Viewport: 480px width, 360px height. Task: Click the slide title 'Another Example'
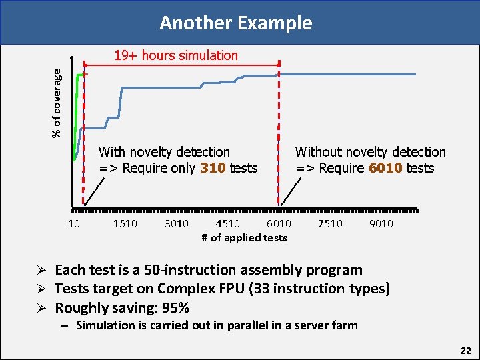coord(235,23)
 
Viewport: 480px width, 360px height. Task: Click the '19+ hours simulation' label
coord(175,55)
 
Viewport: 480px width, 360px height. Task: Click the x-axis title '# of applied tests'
coord(244,237)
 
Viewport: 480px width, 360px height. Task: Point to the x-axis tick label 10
coord(74,223)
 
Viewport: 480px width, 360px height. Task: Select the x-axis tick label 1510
coord(125,223)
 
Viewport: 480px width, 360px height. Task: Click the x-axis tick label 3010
coord(177,223)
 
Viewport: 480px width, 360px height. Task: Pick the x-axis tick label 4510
coord(228,223)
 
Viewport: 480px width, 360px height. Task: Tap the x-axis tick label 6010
coord(279,223)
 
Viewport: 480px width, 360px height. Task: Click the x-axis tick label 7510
coord(330,223)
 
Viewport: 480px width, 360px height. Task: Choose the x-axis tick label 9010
coord(381,223)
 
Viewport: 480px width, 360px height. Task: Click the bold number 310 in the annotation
coord(213,168)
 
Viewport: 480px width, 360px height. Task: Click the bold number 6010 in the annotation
coord(385,168)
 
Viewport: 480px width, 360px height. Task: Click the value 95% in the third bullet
coord(175,308)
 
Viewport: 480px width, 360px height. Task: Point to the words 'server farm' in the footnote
coord(327,325)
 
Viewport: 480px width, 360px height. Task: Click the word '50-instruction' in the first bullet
coord(211,270)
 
